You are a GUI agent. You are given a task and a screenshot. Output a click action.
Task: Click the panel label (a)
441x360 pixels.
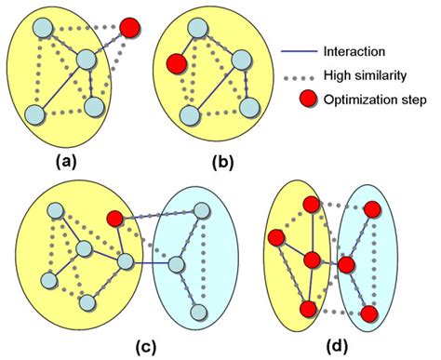(66, 160)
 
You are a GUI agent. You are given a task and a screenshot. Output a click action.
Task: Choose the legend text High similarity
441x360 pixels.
(364, 75)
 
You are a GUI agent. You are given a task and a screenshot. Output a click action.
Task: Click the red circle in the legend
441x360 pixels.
(301, 100)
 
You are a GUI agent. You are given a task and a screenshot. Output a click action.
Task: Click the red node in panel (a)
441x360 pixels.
(131, 28)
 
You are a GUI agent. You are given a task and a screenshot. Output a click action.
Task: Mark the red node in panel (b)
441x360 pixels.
(174, 65)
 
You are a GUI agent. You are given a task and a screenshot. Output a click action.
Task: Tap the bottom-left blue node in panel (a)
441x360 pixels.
(34, 114)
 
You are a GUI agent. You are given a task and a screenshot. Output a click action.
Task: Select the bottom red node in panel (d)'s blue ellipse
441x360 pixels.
(368, 313)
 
